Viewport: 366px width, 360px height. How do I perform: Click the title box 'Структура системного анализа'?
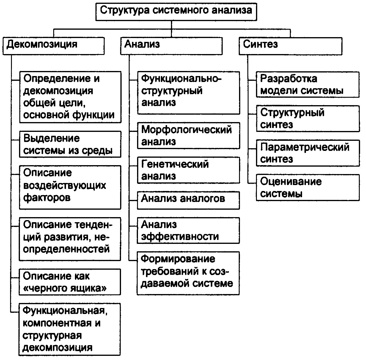click(x=176, y=11)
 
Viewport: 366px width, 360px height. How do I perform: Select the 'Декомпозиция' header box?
click(x=54, y=45)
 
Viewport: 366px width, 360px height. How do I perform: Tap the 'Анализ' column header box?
click(x=171, y=45)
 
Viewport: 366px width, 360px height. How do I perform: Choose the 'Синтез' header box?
click(x=290, y=45)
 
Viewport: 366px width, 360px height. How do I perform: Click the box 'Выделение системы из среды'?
click(x=70, y=144)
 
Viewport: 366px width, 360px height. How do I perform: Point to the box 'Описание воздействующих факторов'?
click(x=70, y=187)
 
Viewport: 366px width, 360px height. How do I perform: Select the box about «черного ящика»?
click(x=70, y=282)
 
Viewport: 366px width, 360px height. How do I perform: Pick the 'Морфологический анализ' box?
click(x=189, y=135)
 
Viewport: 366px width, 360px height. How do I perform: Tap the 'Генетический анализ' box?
click(x=189, y=170)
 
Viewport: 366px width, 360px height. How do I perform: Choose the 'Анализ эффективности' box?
click(x=189, y=230)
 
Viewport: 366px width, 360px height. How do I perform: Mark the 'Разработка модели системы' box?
click(x=308, y=84)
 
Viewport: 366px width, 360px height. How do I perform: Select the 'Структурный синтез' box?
click(x=308, y=119)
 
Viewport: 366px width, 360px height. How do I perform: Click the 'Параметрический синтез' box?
click(x=308, y=153)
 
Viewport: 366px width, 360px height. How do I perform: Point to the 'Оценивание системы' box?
click(x=308, y=188)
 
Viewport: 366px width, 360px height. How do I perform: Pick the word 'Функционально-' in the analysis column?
click(x=181, y=78)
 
